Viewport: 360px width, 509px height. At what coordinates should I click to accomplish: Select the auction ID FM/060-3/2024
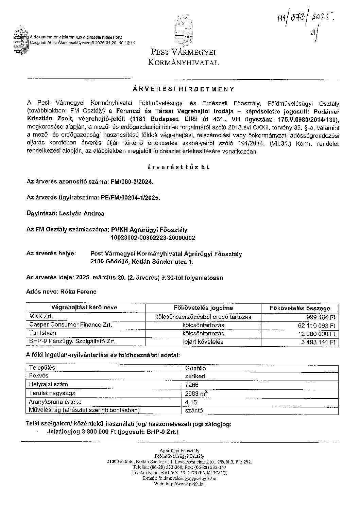point(132,182)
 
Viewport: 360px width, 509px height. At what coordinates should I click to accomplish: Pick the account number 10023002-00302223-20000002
point(153,238)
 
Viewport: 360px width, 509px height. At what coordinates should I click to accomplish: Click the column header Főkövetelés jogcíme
point(203,308)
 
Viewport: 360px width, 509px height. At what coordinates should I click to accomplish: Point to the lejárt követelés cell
point(203,342)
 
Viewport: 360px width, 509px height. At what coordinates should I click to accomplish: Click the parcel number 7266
point(192,385)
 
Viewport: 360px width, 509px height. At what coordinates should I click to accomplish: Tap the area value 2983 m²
point(197,393)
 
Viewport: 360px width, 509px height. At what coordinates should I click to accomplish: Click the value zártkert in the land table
point(195,376)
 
